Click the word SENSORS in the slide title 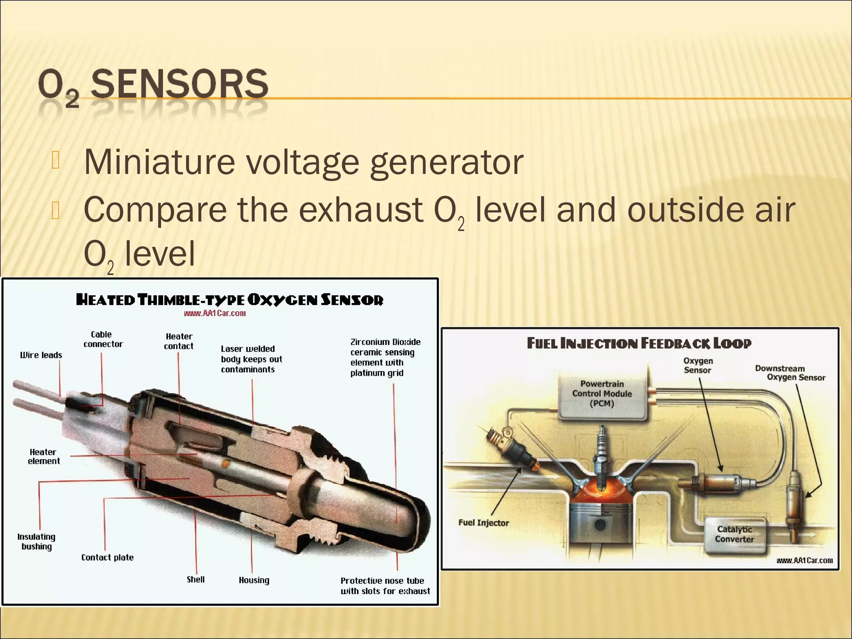(180, 84)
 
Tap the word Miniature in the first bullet (159, 162)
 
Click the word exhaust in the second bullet (361, 210)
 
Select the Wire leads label (41, 355)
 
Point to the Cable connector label (103, 339)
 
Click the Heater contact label (179, 341)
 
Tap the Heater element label (44, 456)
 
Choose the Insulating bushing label (37, 542)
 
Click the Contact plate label (107, 557)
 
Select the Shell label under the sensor (196, 580)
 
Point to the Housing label (254, 580)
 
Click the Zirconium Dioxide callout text (385, 357)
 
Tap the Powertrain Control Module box (602, 394)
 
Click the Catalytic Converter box (734, 534)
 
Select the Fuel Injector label (483, 523)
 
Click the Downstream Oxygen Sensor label (790, 373)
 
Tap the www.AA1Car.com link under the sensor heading (215, 313)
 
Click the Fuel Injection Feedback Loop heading (639, 343)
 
